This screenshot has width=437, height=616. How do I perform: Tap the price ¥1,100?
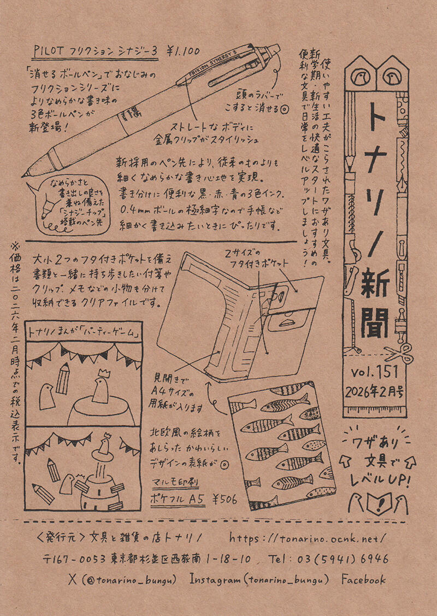(184, 51)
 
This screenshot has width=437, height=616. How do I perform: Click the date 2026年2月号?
(375, 392)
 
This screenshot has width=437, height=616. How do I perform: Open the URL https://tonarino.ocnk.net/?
(309, 538)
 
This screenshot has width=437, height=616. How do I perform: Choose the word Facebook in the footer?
(364, 580)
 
